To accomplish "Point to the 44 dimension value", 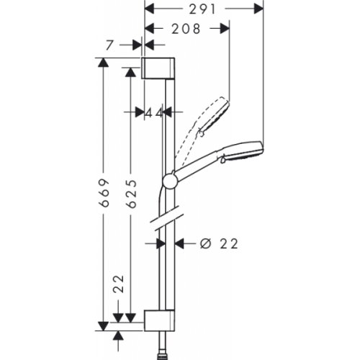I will coord(152,112).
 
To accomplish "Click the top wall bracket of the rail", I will coord(158,67).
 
